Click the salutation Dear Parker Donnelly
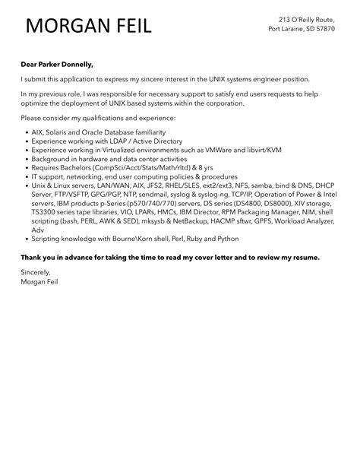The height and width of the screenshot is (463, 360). (x=57, y=65)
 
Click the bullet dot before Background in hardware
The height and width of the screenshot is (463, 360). (x=25, y=160)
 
